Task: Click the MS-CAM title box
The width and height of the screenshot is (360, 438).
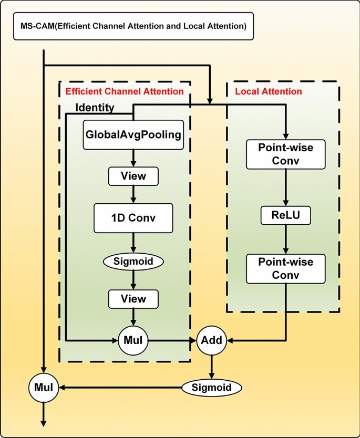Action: tap(133, 26)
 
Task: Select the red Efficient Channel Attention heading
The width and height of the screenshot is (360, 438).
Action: tap(124, 91)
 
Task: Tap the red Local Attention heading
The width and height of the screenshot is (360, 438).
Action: tap(269, 91)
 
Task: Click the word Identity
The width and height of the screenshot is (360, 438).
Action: tap(95, 108)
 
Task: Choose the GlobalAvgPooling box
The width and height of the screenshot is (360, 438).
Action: tap(133, 135)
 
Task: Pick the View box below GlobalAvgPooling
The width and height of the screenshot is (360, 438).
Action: tap(133, 176)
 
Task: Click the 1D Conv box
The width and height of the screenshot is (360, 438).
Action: tap(133, 218)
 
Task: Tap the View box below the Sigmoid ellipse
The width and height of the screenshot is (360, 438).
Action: tap(133, 299)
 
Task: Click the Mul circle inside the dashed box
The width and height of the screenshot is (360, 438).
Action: tap(133, 340)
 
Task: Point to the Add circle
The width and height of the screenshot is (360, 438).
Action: tap(211, 340)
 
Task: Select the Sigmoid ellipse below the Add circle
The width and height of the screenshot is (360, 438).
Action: tap(211, 388)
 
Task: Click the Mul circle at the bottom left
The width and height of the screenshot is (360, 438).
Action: tap(43, 388)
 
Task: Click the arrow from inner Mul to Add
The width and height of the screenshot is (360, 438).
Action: tap(171, 340)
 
